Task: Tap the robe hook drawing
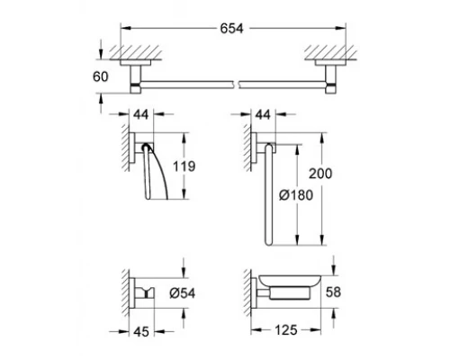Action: point(143,290)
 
